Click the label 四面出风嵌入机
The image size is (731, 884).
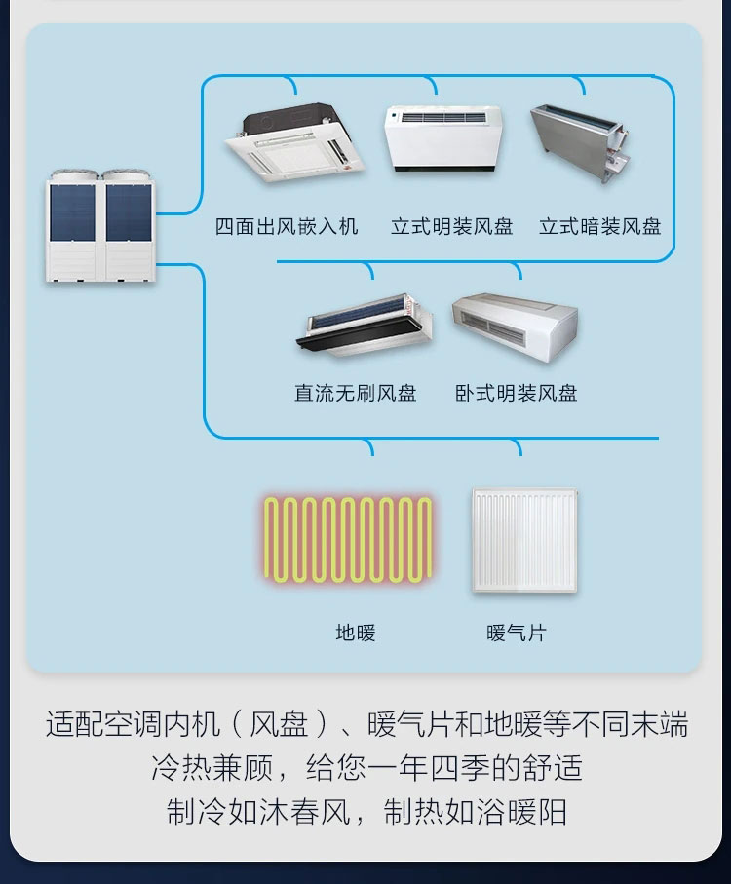(x=287, y=226)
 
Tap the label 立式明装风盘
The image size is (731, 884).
(x=452, y=226)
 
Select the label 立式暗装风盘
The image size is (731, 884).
(x=599, y=226)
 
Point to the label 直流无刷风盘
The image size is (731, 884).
(x=355, y=393)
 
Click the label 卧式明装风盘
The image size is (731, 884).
(x=517, y=393)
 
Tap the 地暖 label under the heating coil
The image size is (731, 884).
(x=356, y=633)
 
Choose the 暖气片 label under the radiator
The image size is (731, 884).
(x=517, y=633)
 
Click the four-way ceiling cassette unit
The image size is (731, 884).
(x=294, y=142)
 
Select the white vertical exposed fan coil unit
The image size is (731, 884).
(x=443, y=138)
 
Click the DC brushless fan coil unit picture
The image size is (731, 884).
(x=365, y=325)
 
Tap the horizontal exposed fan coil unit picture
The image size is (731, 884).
(x=516, y=327)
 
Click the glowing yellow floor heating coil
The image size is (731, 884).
(x=348, y=540)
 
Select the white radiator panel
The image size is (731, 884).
(x=524, y=540)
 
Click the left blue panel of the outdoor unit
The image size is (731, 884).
(x=73, y=212)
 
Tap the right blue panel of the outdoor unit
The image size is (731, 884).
(x=129, y=212)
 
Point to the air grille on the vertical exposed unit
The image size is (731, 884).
(x=443, y=118)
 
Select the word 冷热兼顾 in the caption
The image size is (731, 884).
(x=212, y=768)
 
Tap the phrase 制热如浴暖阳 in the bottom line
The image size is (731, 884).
(x=475, y=812)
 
